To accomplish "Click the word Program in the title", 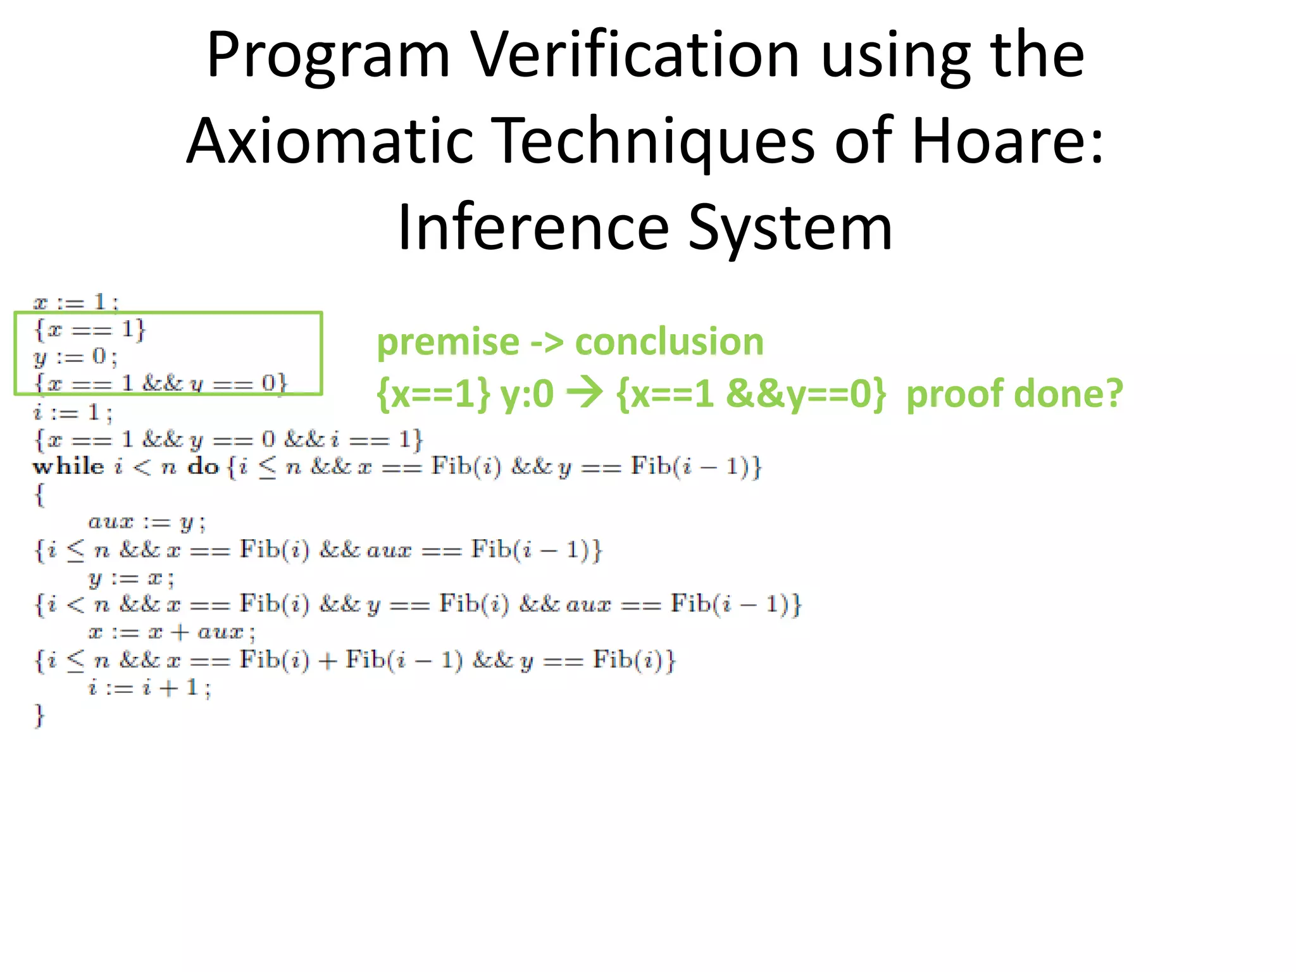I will pos(328,57).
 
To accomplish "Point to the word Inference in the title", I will pos(533,228).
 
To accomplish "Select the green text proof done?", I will pos(1014,394).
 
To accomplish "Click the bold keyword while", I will pos(68,467).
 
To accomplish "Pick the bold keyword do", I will pos(202,467).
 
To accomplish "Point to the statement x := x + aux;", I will pos(171,632).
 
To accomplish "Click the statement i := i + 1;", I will pos(149,688).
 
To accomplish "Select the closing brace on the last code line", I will pos(39,716).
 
